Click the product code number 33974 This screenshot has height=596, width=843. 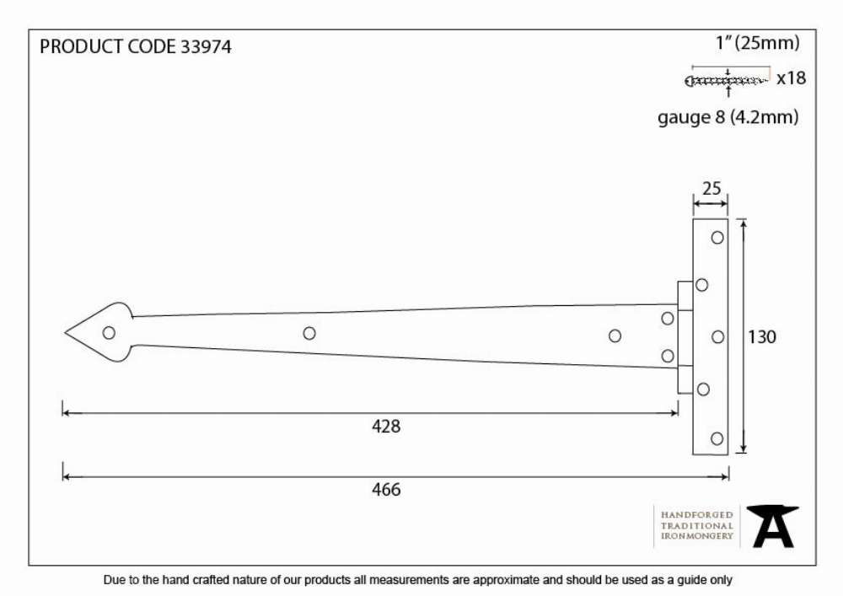coord(206,46)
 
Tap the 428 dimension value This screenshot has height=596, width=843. coord(386,427)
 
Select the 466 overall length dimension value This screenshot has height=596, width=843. coord(386,490)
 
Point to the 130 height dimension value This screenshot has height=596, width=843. coord(762,337)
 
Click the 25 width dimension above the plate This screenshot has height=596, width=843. coord(711,189)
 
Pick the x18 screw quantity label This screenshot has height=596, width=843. coord(792,78)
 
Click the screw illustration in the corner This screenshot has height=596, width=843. coord(727,81)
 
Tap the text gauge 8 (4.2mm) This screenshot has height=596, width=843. coord(728,118)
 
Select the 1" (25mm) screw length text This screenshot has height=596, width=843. coord(758,43)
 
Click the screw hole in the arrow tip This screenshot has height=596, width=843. coord(109,333)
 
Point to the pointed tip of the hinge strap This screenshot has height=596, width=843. coord(65,333)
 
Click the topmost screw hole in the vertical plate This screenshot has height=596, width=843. coord(717,238)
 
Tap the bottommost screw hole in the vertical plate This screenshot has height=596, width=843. coord(717,438)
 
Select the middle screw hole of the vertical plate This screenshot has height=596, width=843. coord(718,337)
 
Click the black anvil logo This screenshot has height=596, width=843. coord(772,526)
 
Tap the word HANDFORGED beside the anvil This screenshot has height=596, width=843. coord(697,515)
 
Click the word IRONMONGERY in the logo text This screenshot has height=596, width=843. coord(697,536)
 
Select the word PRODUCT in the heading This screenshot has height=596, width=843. coord(81,46)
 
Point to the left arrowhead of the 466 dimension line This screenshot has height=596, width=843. coord(66,476)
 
